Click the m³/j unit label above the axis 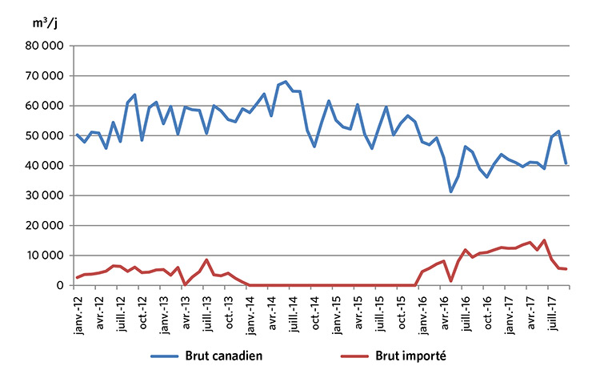[x=46, y=23]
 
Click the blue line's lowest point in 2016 [x=451, y=192]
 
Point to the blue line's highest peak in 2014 [x=286, y=81]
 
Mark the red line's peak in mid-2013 [x=207, y=259]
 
